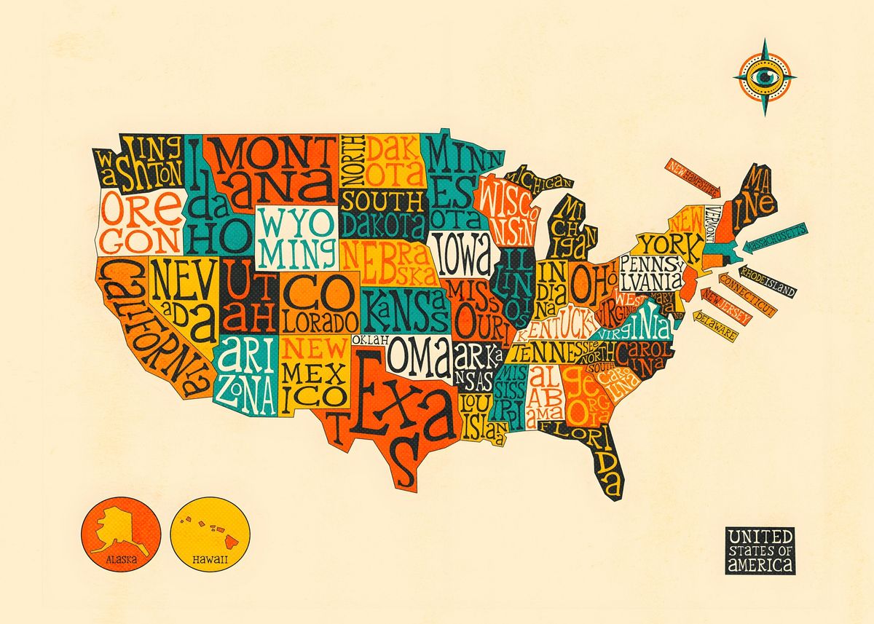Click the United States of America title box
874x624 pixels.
(760, 550)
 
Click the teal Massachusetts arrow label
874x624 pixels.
(773, 238)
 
